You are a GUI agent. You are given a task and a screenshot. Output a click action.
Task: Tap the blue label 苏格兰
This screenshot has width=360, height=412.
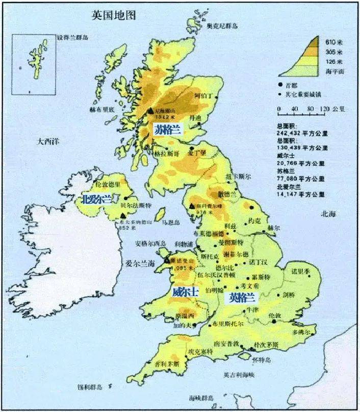pos(168,130)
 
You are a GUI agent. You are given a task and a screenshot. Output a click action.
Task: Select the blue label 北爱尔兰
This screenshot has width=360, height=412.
pos(97,199)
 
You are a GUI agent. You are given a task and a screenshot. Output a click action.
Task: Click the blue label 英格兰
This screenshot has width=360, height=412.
pos(242,297)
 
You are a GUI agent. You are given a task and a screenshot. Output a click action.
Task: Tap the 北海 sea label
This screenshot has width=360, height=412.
pos(329,214)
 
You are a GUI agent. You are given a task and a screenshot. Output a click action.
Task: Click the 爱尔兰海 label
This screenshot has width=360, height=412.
pos(140,263)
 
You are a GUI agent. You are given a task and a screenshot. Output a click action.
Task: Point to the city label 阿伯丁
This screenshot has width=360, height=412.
pos(203,95)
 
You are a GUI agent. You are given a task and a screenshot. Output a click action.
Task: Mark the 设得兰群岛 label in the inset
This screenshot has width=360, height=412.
pos(73,38)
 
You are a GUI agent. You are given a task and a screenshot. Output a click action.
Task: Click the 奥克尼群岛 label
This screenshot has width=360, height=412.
pos(222,26)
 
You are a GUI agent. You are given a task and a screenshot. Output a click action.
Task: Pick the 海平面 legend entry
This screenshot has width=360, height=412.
pos(335,71)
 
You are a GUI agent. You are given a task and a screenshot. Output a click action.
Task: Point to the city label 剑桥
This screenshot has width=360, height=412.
pos(289,295)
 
